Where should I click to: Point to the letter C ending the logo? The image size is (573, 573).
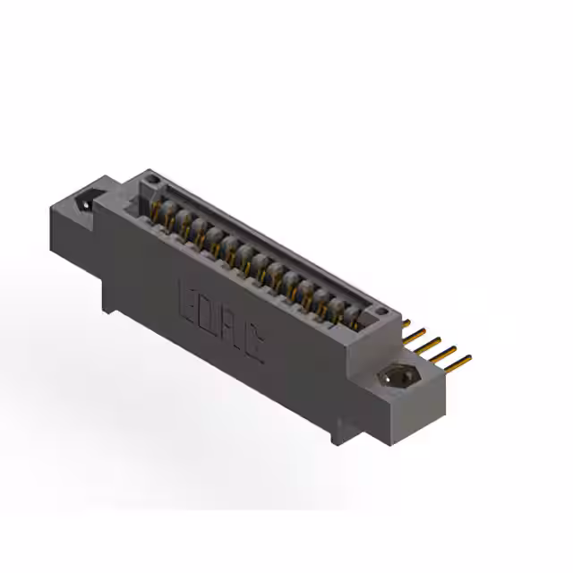click(254, 344)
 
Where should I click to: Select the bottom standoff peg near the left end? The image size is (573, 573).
click(108, 304)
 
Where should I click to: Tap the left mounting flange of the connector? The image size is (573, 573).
click(76, 215)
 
